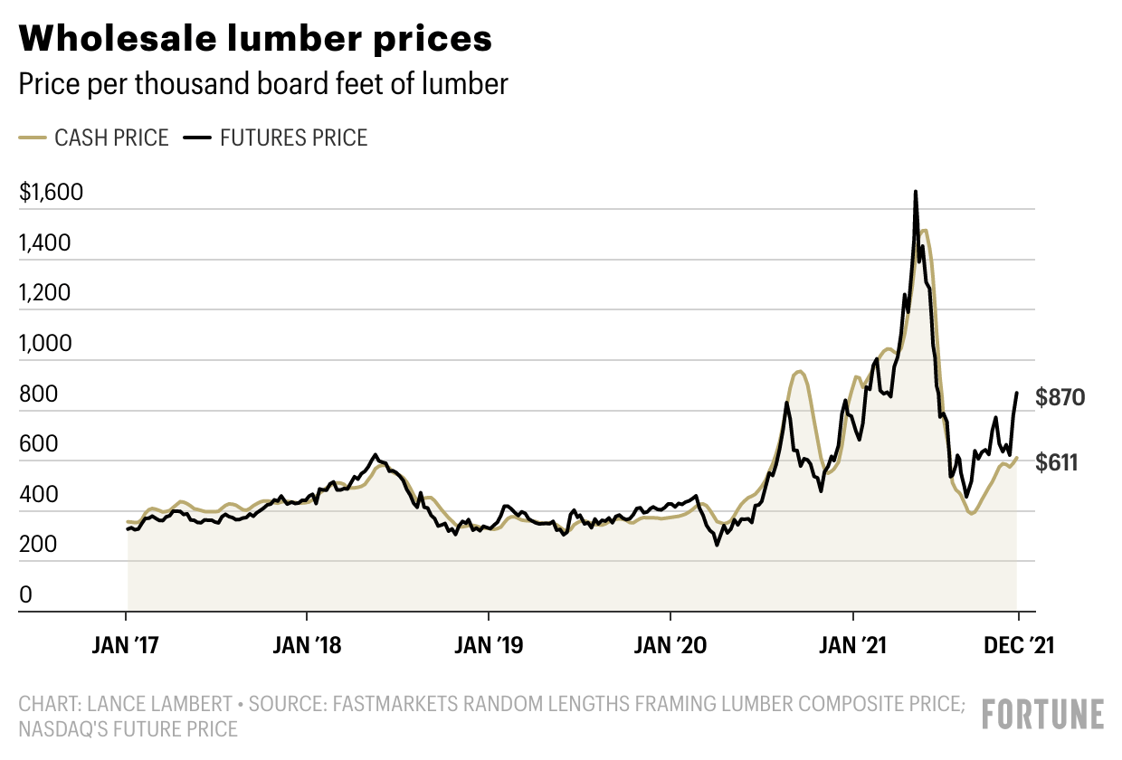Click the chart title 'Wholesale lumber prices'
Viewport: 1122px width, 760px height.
point(255,38)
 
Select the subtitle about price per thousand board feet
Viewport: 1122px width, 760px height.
point(263,83)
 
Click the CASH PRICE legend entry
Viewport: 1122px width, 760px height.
point(94,138)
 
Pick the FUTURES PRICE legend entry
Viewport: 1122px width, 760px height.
point(275,138)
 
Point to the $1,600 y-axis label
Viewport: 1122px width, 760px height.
point(51,193)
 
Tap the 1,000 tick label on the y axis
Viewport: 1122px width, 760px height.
point(45,343)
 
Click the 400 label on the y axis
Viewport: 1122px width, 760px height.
point(39,495)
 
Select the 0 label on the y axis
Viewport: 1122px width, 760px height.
point(25,594)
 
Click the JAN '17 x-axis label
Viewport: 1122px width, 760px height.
point(125,645)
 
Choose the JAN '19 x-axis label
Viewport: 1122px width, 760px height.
point(489,645)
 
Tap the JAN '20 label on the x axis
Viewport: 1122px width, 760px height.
point(670,645)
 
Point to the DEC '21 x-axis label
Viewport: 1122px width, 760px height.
point(1019,645)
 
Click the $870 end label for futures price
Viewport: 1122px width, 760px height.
point(1060,397)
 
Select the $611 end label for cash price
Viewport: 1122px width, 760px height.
point(1056,462)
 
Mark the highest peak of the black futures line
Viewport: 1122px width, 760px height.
point(916,192)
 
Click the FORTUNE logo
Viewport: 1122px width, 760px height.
point(1043,714)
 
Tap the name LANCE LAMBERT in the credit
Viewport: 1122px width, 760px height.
point(160,704)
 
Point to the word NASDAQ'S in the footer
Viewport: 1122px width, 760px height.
point(67,729)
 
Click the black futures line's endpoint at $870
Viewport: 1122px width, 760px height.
point(1017,393)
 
